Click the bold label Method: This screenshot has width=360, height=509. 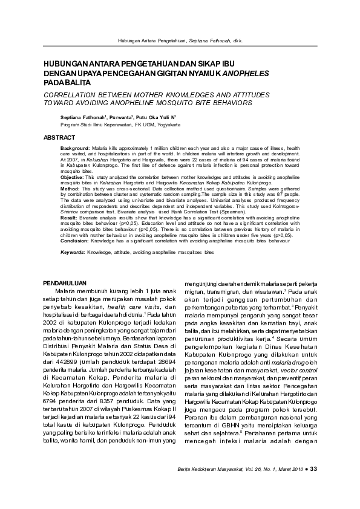[71, 189]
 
